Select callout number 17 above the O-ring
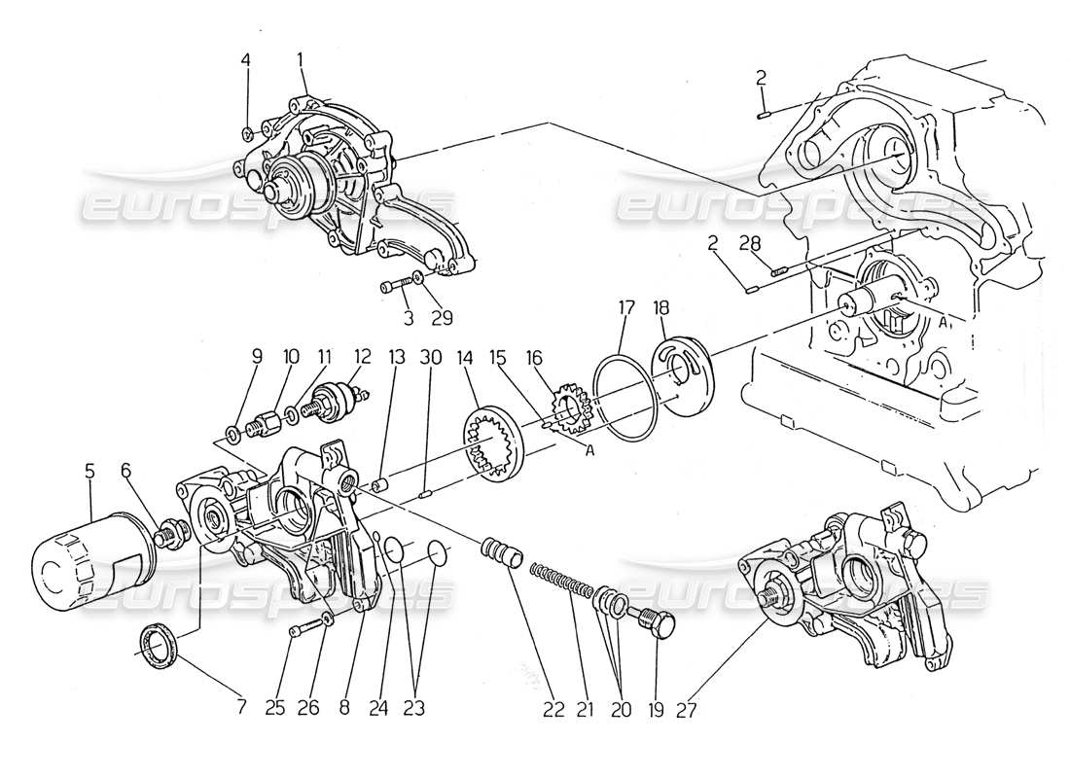click(626, 308)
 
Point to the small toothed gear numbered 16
click(564, 407)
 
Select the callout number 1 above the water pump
click(301, 60)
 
